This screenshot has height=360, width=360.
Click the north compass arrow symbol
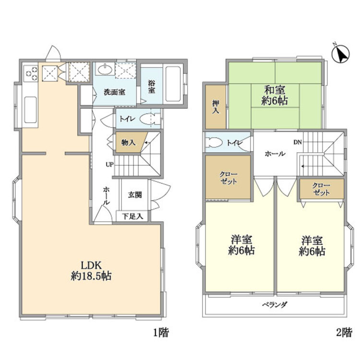(341, 54)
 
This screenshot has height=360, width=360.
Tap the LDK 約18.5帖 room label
(91, 271)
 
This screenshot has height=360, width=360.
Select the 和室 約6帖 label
(275, 96)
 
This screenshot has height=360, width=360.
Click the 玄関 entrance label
(135, 195)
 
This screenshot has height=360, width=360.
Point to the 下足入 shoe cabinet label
(132, 216)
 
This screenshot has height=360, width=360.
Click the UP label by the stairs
(109, 164)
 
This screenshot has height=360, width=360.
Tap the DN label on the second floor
(298, 143)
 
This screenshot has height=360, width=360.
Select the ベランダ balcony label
(275, 305)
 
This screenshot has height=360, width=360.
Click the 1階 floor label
(161, 332)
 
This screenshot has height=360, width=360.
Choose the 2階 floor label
(344, 332)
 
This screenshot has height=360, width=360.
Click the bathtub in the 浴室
(173, 84)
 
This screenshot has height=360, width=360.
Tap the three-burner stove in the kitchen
(31, 73)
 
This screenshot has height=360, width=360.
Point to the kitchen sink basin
(31, 110)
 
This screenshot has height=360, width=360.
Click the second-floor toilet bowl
(214, 143)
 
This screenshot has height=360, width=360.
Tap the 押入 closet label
(216, 107)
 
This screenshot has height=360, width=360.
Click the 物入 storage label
(128, 143)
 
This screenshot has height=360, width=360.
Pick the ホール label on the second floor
(275, 154)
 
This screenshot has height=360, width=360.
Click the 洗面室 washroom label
(115, 92)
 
